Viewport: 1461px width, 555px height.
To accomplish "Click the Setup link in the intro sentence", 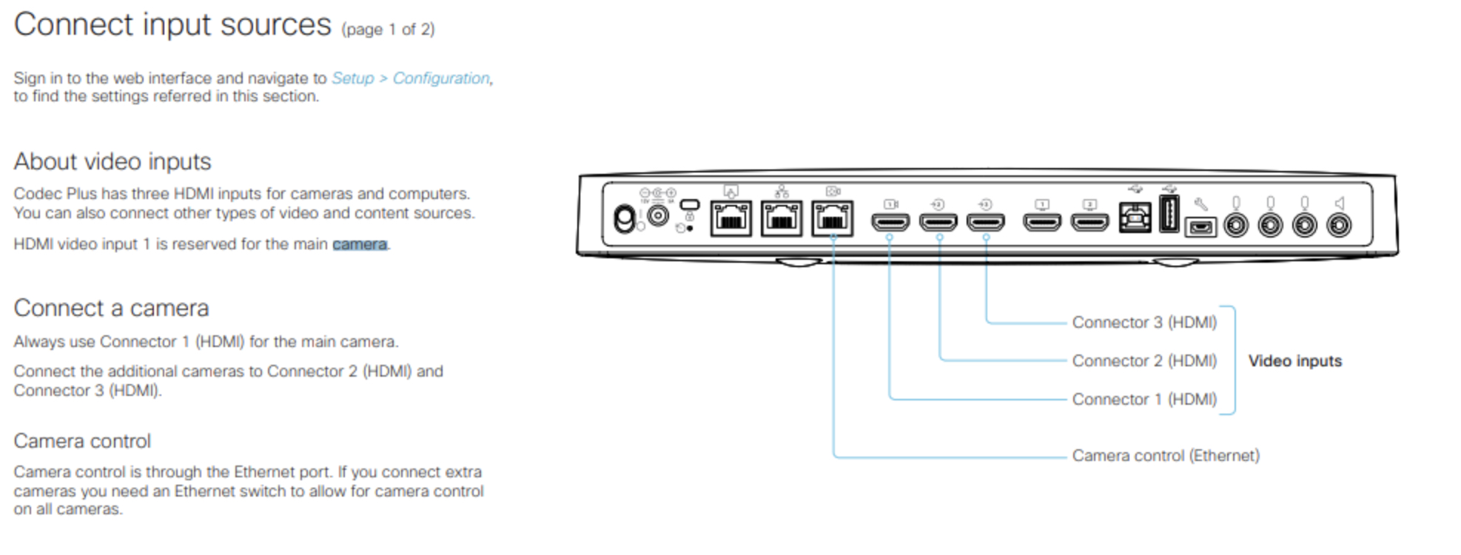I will (352, 78).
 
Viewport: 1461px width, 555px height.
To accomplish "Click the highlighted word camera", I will (360, 244).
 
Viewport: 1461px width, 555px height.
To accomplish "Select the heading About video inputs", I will (112, 161).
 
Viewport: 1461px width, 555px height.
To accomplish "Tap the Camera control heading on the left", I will (82, 441).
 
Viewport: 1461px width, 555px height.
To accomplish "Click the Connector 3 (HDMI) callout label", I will (1144, 323).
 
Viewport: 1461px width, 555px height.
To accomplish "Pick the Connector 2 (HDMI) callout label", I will (1144, 361).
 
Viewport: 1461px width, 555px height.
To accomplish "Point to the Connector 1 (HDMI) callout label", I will (1144, 400).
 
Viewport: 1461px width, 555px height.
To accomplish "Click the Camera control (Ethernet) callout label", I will (1166, 456).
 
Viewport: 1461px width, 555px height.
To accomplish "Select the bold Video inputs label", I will (1294, 361).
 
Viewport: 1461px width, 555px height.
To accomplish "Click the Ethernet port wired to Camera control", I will (833, 219).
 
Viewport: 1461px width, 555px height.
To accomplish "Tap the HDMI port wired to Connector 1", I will (890, 221).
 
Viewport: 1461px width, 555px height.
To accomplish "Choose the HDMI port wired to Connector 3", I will (986, 221).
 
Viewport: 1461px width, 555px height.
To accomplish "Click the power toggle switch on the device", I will (625, 220).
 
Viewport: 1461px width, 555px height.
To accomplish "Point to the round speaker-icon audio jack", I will (1339, 225).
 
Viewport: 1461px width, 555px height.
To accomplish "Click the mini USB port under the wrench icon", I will (1200, 227).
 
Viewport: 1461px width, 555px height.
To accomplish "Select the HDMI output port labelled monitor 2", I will (1090, 221).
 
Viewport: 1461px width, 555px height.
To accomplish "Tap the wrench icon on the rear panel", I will (1200, 203).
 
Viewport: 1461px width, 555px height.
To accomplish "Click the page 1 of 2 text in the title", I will (388, 30).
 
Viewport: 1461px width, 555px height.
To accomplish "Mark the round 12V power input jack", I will (658, 215).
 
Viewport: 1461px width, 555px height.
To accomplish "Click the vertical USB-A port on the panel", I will (1169, 214).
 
